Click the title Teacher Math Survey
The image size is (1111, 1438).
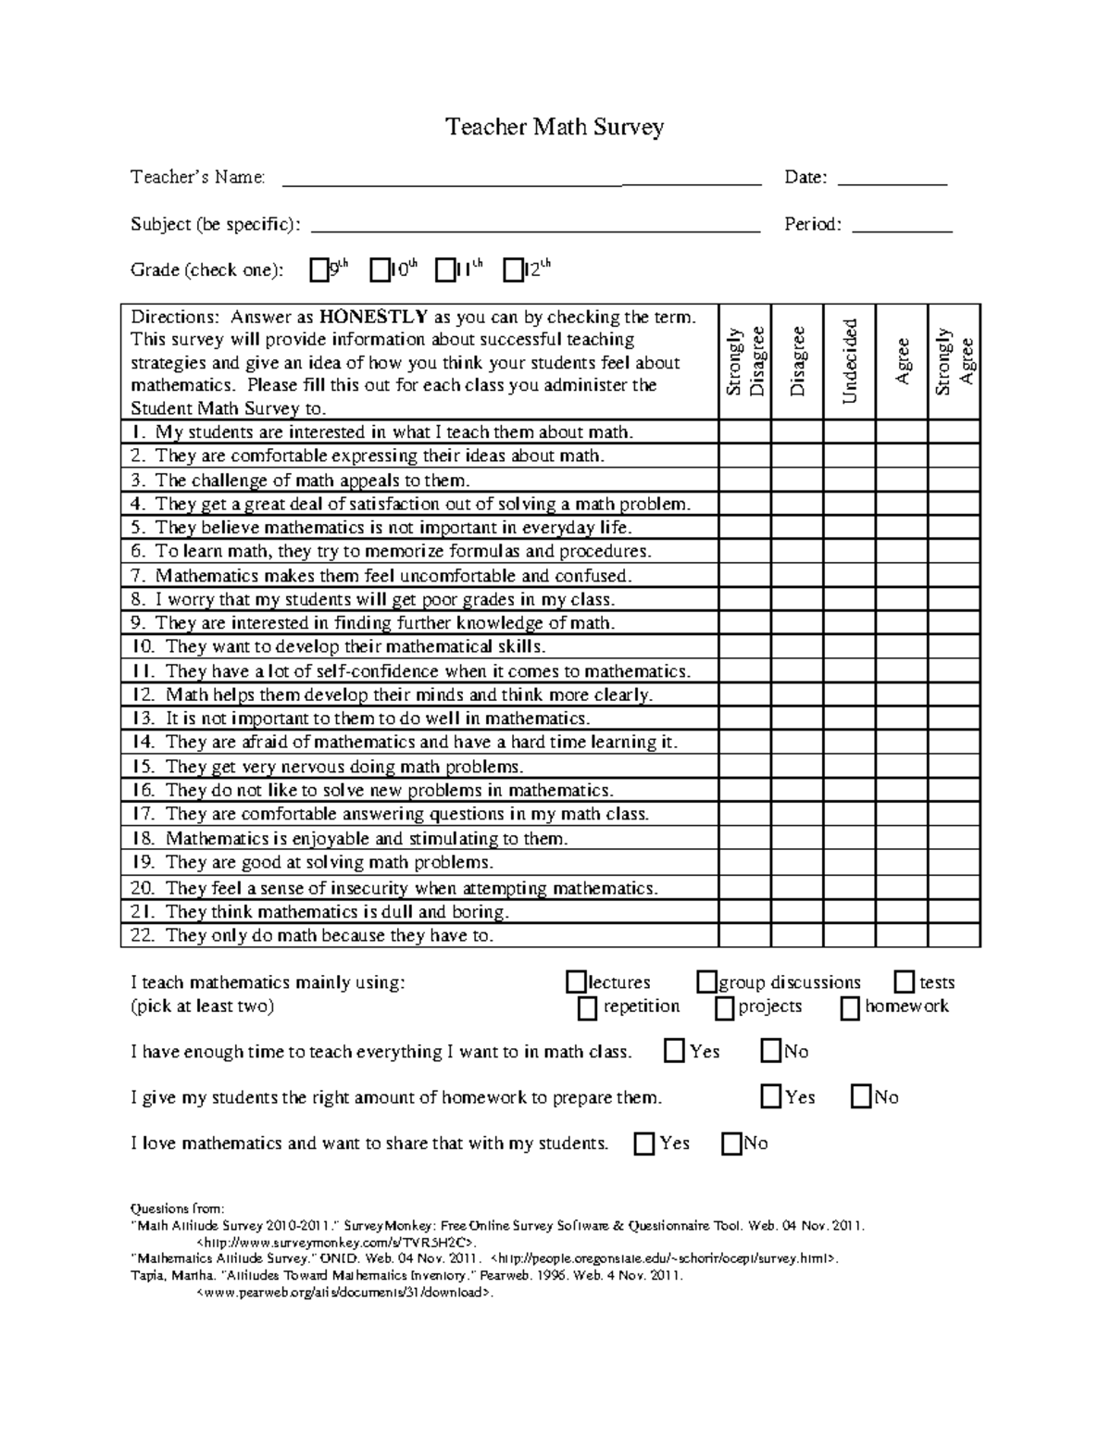click(555, 127)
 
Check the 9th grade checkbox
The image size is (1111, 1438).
click(319, 270)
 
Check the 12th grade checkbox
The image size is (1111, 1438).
click(513, 270)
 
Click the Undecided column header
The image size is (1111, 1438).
click(850, 361)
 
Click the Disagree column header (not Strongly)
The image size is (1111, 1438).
click(797, 361)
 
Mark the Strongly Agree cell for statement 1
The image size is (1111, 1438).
click(954, 431)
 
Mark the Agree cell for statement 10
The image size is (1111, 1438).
click(901, 647)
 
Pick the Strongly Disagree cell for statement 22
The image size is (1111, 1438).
click(744, 935)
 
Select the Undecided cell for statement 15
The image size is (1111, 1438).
click(850, 767)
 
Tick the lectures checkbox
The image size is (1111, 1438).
click(577, 982)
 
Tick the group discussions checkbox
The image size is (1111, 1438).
click(707, 982)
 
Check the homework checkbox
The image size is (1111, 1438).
click(850, 1008)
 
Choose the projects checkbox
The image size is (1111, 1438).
click(725, 1008)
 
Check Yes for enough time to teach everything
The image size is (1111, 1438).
click(675, 1052)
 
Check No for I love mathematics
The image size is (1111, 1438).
click(731, 1144)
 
